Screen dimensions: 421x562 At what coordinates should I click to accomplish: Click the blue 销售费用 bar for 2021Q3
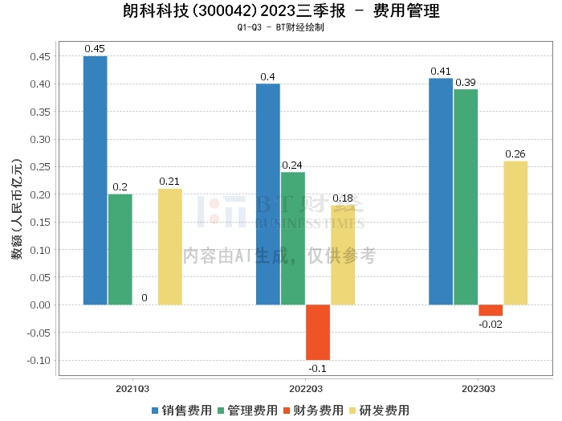(95, 180)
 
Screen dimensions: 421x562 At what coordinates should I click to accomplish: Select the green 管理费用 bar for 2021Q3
(120, 249)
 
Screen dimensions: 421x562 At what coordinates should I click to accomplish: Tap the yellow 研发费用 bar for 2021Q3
(169, 247)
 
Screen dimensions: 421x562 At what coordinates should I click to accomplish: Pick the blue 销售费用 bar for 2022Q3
(267, 194)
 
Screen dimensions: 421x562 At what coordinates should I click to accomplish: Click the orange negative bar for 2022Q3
(317, 332)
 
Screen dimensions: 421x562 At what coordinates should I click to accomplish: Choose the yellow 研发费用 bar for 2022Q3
(343, 255)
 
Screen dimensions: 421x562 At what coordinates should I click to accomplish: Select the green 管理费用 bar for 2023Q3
(465, 197)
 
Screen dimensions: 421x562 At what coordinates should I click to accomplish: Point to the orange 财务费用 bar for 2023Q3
(491, 310)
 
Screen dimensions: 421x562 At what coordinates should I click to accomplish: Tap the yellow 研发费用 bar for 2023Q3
(515, 232)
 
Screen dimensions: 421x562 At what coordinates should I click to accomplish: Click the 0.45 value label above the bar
(95, 49)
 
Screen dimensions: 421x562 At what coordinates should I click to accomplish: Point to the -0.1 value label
(318, 368)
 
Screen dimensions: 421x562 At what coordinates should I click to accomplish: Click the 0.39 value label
(466, 82)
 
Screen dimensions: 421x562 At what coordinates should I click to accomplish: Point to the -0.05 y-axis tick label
(38, 333)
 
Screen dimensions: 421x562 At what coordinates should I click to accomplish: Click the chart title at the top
(281, 12)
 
